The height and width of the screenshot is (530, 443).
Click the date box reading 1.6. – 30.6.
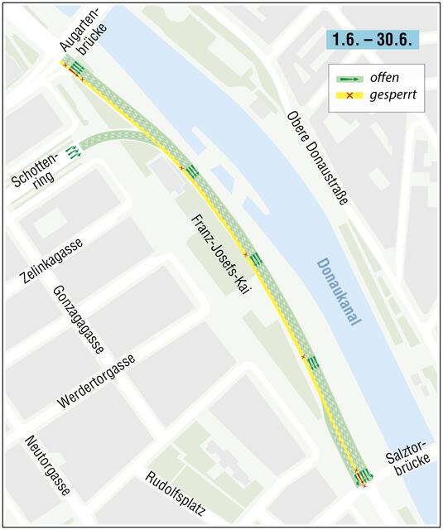tap(372, 39)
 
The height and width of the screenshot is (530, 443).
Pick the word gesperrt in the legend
tap(392, 96)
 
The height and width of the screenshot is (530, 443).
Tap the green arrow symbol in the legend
tap(348, 78)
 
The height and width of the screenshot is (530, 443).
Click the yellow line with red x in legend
tap(348, 96)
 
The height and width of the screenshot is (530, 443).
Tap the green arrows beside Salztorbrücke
tap(364, 475)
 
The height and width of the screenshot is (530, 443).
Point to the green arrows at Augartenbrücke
tap(77, 67)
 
